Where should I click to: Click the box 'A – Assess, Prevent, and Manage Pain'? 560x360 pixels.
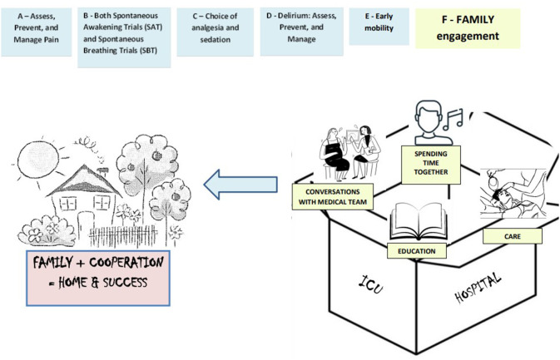click(x=36, y=32)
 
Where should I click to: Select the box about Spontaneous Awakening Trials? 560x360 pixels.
click(x=124, y=37)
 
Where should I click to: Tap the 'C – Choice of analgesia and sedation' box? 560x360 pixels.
click(x=215, y=32)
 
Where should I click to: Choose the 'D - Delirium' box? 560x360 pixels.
click(x=301, y=32)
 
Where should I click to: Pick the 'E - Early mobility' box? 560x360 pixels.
click(x=379, y=27)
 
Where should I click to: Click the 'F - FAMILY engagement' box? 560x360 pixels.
click(x=468, y=28)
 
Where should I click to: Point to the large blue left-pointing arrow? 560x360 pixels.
click(x=240, y=185)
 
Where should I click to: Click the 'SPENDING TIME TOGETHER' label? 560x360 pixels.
click(x=431, y=165)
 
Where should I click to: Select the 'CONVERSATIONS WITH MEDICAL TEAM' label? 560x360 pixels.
click(x=333, y=196)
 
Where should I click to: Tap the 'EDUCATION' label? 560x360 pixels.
click(x=416, y=251)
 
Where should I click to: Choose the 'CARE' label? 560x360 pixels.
click(x=513, y=236)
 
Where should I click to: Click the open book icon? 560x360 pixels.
click(x=419, y=221)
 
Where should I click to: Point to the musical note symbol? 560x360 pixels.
click(x=453, y=119)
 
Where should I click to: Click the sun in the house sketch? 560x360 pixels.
click(x=37, y=159)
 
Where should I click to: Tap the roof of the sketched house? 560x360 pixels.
click(x=84, y=181)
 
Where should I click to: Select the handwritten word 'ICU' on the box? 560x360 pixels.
click(x=371, y=284)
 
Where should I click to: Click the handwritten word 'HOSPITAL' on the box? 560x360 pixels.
click(x=478, y=287)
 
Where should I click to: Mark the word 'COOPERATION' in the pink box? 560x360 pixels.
click(x=126, y=263)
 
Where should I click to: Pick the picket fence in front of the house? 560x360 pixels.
click(x=123, y=236)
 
